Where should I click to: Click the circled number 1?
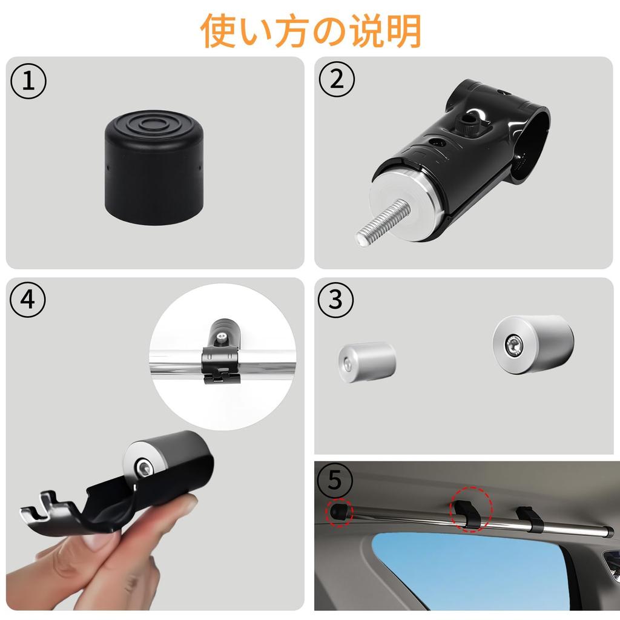(28, 83)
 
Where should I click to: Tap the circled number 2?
(336, 81)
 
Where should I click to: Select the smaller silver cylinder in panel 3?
(366, 362)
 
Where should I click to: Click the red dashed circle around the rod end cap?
(339, 513)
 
